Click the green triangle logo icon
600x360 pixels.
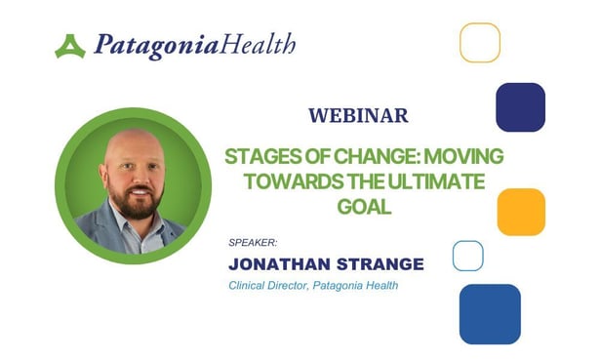click(70, 47)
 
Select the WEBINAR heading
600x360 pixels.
click(358, 116)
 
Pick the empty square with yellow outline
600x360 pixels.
click(480, 42)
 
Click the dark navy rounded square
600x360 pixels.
click(520, 106)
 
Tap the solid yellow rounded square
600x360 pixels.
click(521, 212)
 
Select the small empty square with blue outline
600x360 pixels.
click(468, 256)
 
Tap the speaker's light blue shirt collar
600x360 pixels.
click(115, 230)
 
